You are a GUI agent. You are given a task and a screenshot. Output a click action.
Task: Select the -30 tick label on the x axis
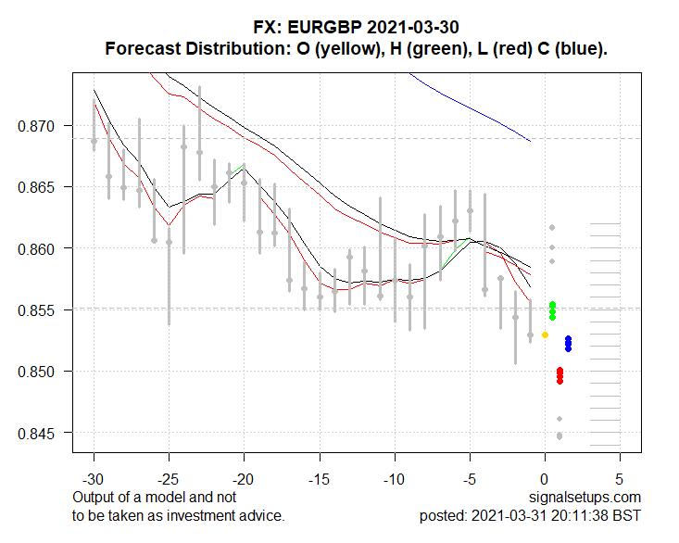tap(94, 482)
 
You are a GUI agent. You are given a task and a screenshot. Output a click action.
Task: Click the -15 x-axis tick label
tap(320, 482)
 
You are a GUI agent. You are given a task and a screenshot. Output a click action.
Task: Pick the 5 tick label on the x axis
tap(620, 482)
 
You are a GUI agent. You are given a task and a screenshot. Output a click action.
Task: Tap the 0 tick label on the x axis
tap(545, 482)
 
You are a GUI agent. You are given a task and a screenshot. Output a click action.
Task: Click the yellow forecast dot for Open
tap(545, 335)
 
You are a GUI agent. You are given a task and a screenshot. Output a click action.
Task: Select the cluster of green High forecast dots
tap(552, 310)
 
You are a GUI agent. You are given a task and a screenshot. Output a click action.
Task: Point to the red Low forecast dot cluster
tap(560, 375)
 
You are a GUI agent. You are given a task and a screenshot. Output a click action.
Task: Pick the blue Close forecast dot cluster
tap(568, 344)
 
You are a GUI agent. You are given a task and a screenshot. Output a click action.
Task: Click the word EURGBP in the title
tap(317, 28)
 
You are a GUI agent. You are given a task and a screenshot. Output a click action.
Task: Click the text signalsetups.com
tap(585, 498)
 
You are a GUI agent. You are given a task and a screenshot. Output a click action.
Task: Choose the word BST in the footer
tap(626, 515)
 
